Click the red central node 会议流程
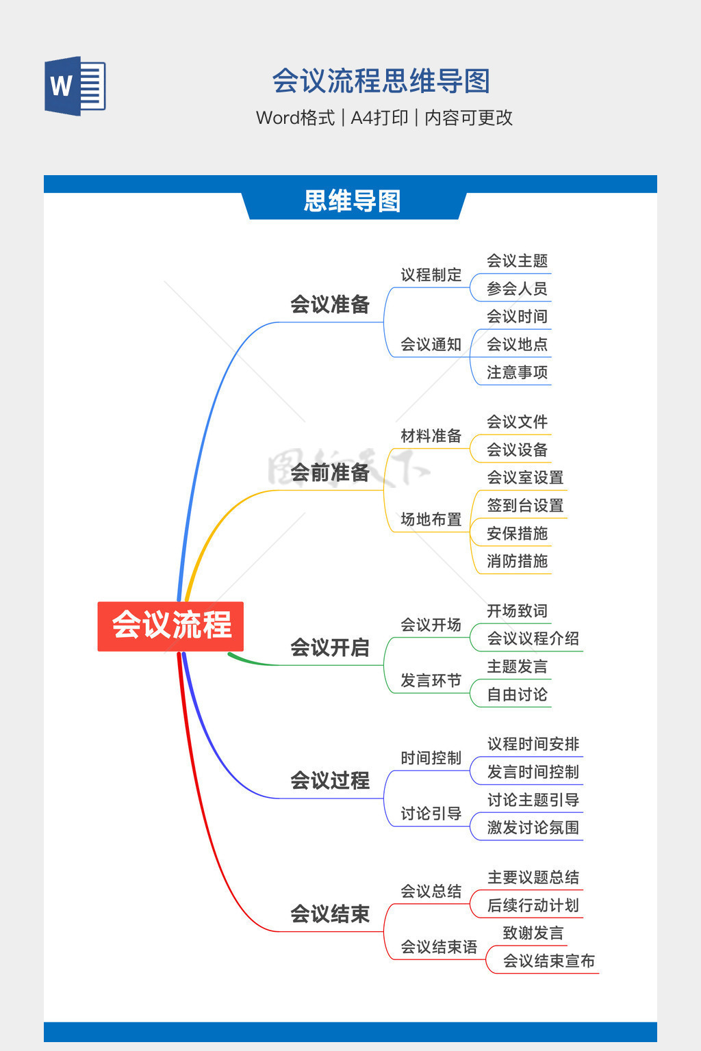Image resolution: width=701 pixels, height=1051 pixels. (x=170, y=625)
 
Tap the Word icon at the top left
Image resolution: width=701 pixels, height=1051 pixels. (x=75, y=86)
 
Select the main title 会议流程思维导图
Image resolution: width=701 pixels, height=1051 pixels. (x=381, y=81)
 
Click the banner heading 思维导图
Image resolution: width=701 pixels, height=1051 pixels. (x=352, y=201)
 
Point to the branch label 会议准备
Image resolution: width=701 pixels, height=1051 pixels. (x=330, y=304)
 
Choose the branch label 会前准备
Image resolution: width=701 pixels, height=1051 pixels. (x=330, y=472)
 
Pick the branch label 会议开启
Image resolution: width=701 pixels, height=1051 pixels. (x=330, y=647)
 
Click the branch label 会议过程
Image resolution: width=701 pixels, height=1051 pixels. (x=330, y=780)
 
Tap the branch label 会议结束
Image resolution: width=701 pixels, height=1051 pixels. (x=330, y=913)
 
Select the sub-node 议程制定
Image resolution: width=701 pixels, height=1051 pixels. (x=431, y=275)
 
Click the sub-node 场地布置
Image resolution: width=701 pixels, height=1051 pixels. (x=431, y=519)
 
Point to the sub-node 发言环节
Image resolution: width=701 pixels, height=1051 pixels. (x=431, y=680)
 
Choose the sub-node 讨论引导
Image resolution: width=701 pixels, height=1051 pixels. (x=431, y=814)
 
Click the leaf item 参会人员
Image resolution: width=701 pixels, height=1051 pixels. (x=517, y=289)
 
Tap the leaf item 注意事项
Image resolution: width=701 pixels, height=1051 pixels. (x=517, y=372)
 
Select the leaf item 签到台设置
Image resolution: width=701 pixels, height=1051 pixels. (x=525, y=506)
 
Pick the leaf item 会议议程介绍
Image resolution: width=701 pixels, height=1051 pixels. (x=533, y=638)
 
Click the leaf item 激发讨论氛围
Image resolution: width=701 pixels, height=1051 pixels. (x=533, y=827)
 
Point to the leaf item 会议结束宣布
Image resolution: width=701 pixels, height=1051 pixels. (x=548, y=961)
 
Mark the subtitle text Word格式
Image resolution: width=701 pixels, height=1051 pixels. (x=295, y=118)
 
